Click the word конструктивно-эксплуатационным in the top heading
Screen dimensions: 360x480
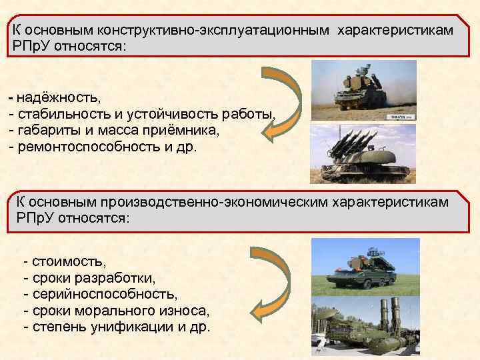[213, 31]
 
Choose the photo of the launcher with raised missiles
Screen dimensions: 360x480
[363, 154]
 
